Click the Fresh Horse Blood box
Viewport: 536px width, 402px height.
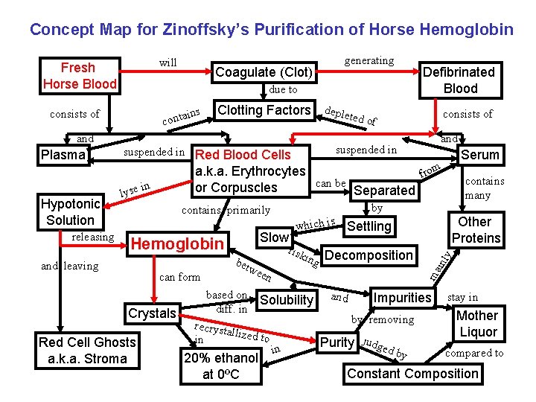[x=80, y=76]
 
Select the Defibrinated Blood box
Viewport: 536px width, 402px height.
[x=458, y=80]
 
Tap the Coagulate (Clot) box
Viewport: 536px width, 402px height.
[x=264, y=72]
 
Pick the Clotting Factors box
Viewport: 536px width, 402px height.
[x=264, y=110]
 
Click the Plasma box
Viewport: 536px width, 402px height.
[x=63, y=155]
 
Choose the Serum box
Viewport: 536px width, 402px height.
[x=480, y=155]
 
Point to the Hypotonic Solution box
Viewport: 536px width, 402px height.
[x=70, y=212]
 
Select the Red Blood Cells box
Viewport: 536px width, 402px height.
[x=249, y=171]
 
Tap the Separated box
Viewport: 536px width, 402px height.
[x=383, y=191]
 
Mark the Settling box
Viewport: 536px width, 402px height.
[x=369, y=226]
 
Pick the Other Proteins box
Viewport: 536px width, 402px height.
[x=475, y=230]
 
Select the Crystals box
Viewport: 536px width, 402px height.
[x=152, y=313]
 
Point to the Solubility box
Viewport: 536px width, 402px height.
[x=287, y=300]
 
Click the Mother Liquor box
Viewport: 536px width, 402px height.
[x=477, y=324]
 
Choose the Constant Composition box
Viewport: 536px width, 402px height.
[x=412, y=374]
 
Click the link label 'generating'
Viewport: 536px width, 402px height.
[x=368, y=60]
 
